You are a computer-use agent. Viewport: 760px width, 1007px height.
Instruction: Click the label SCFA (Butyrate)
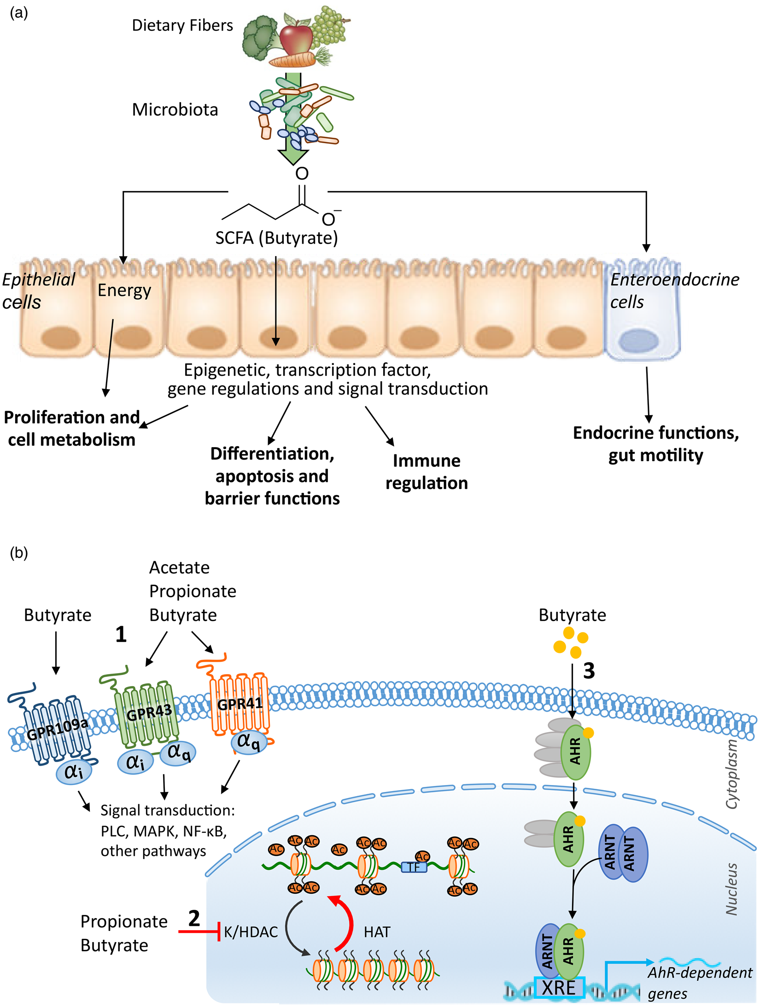276,238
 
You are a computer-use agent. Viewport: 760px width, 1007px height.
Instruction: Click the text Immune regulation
427,471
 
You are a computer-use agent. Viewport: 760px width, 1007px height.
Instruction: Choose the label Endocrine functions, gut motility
655,444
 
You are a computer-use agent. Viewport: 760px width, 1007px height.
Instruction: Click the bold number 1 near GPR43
121,634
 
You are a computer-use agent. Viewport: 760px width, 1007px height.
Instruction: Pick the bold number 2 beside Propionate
194,919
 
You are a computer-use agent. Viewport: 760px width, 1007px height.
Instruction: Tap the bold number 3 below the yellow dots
589,671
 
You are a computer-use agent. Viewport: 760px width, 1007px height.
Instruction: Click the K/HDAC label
251,932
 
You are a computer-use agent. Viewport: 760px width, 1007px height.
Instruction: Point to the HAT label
377,932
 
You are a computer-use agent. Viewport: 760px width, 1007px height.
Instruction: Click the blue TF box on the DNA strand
414,867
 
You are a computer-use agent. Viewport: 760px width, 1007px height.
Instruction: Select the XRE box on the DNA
559,988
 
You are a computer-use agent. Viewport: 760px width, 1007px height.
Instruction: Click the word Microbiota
175,110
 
